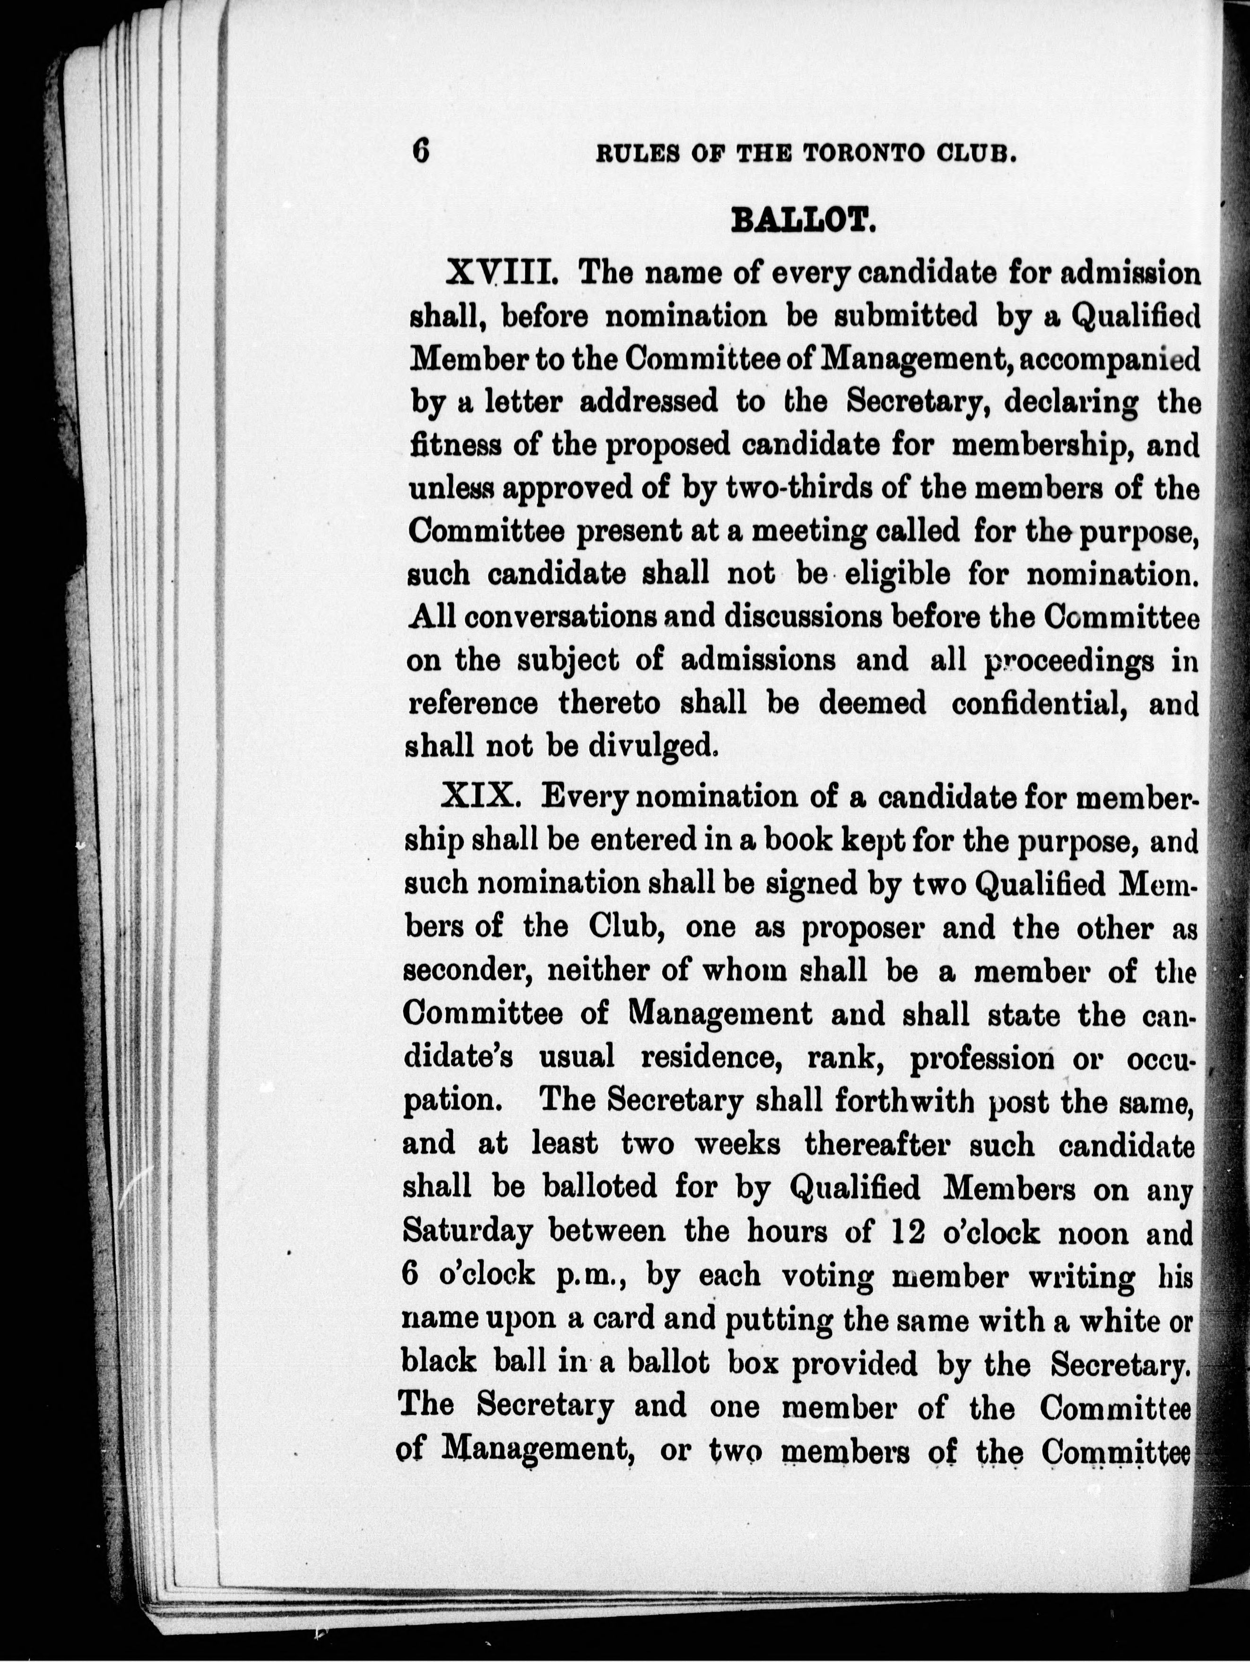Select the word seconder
(x=468, y=971)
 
